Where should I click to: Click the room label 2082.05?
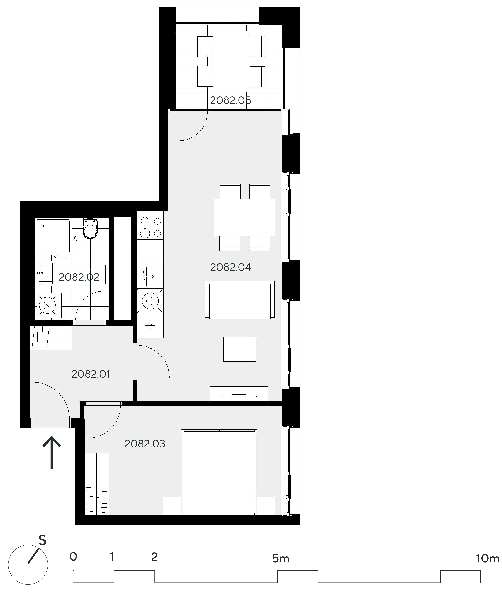point(231,100)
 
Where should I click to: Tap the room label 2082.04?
point(231,267)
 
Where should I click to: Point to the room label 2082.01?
point(90,374)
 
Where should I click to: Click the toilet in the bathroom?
point(90,229)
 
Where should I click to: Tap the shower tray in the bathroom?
point(53,236)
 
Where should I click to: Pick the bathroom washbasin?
point(45,273)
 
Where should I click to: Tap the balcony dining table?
point(231,61)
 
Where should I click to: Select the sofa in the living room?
point(240,300)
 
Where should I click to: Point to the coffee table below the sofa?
point(240,349)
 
